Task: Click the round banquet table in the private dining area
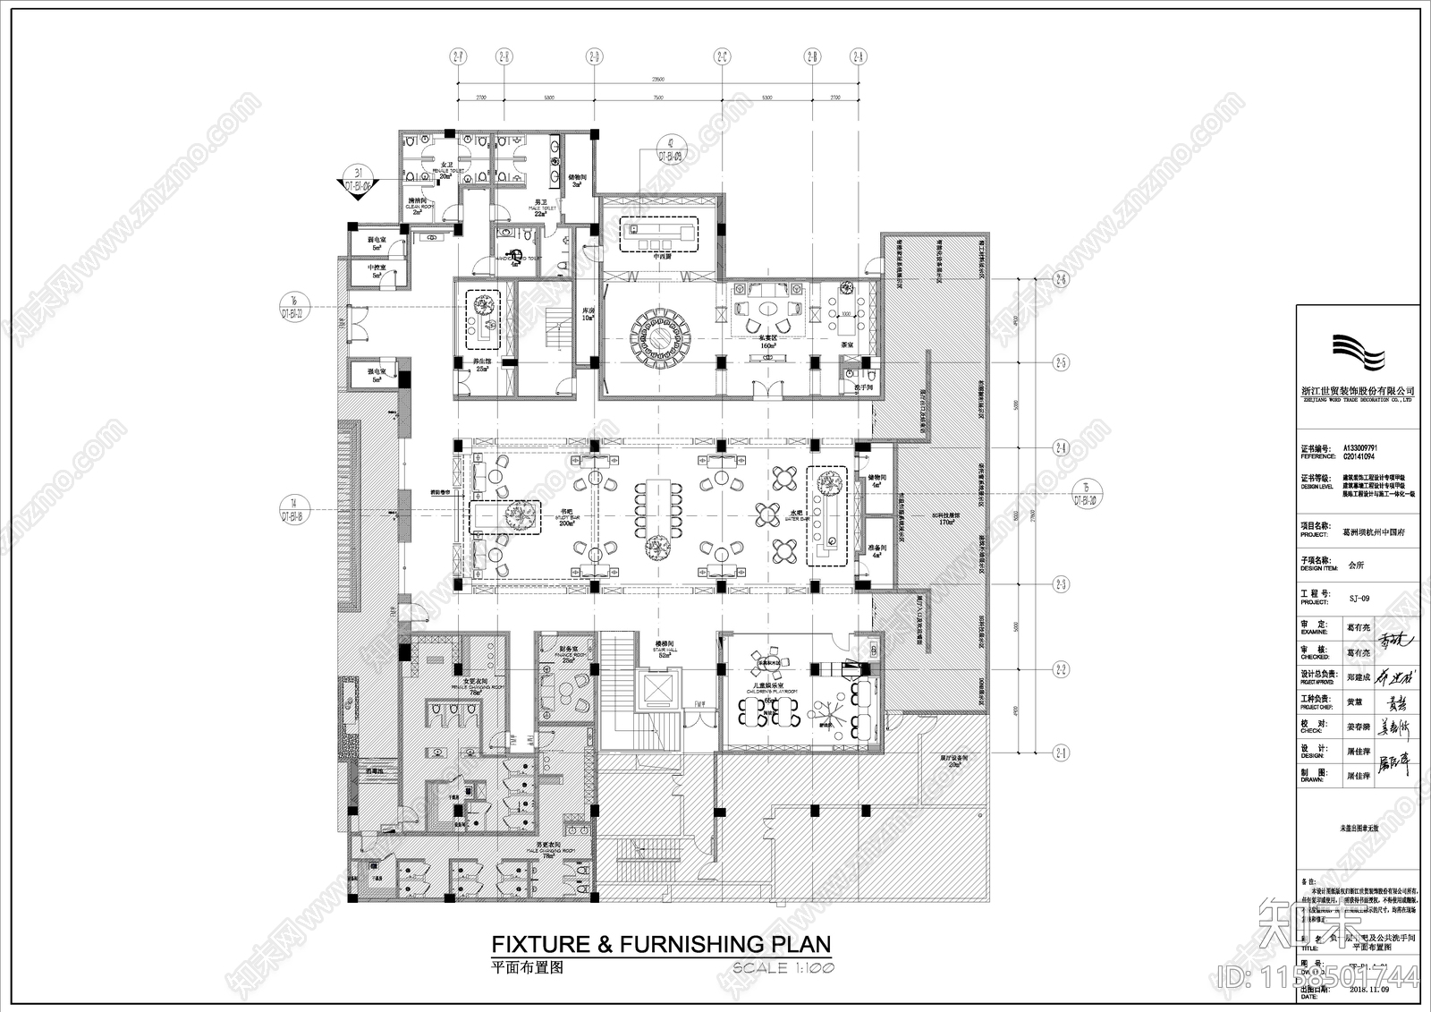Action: click(661, 338)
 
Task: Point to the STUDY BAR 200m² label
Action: click(567, 519)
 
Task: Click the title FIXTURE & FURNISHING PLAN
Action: click(662, 944)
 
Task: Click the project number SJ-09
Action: click(1359, 598)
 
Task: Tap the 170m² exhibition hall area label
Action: click(946, 522)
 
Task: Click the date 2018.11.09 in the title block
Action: click(1368, 990)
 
